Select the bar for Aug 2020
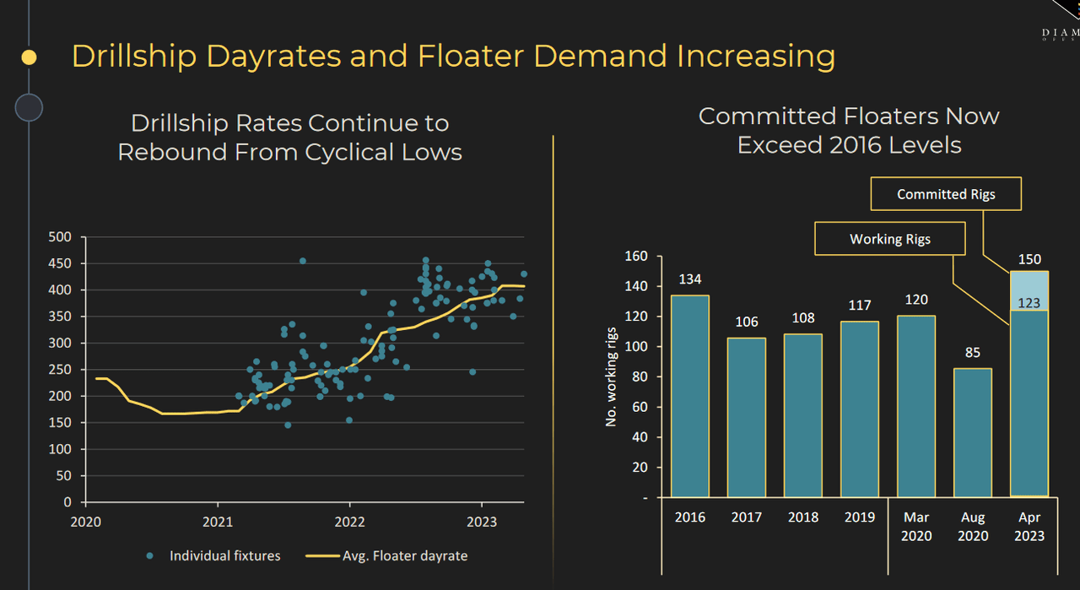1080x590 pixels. pyautogui.click(x=973, y=431)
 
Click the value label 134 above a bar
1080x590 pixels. pyautogui.click(x=690, y=279)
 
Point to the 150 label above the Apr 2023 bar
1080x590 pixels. pyautogui.click(x=1029, y=259)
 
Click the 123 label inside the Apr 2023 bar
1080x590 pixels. pyautogui.click(x=1029, y=303)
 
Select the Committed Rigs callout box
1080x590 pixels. pyautogui.click(x=946, y=194)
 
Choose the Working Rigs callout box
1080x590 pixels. pyautogui.click(x=889, y=239)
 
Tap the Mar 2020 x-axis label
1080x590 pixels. pyautogui.click(x=916, y=526)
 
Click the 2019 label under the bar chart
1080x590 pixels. pyautogui.click(x=860, y=517)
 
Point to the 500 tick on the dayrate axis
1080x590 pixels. pyautogui.click(x=62, y=237)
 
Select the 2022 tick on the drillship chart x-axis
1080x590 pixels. pyautogui.click(x=349, y=521)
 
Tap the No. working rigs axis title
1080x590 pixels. pyautogui.click(x=611, y=376)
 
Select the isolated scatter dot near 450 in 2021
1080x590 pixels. pyautogui.click(x=303, y=261)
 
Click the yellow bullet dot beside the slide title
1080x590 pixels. pyautogui.click(x=29, y=57)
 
